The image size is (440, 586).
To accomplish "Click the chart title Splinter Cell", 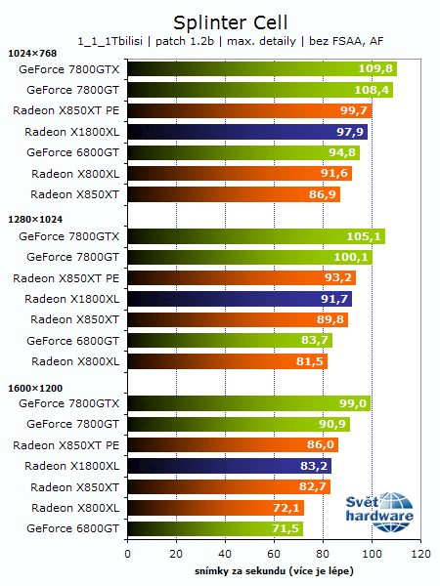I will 219,21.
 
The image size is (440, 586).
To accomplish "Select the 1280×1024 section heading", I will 34,220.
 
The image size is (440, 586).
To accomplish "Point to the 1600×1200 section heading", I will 34,387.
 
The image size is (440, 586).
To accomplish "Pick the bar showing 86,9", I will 234,194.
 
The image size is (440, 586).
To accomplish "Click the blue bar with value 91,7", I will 240,299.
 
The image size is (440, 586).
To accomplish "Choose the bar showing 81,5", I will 227,361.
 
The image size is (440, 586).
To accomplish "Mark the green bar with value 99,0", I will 248,403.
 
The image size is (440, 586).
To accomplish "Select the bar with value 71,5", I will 215,528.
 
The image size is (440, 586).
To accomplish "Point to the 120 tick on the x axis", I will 420,554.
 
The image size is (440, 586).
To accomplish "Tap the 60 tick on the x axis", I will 274,554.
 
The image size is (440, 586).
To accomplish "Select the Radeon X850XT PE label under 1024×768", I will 66,111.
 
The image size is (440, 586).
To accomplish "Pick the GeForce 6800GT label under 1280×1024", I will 73,341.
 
